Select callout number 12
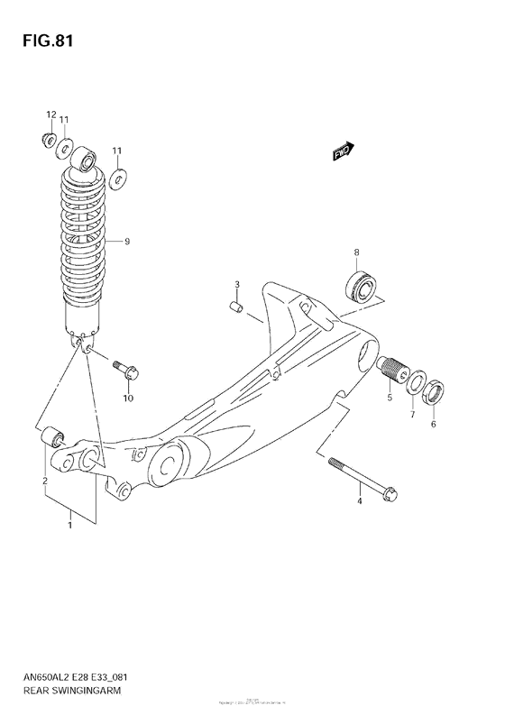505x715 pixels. tap(51, 114)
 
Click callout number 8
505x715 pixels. tap(357, 252)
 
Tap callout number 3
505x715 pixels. tap(236, 286)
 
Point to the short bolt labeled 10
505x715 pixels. tap(124, 368)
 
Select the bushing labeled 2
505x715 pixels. tap(54, 439)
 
